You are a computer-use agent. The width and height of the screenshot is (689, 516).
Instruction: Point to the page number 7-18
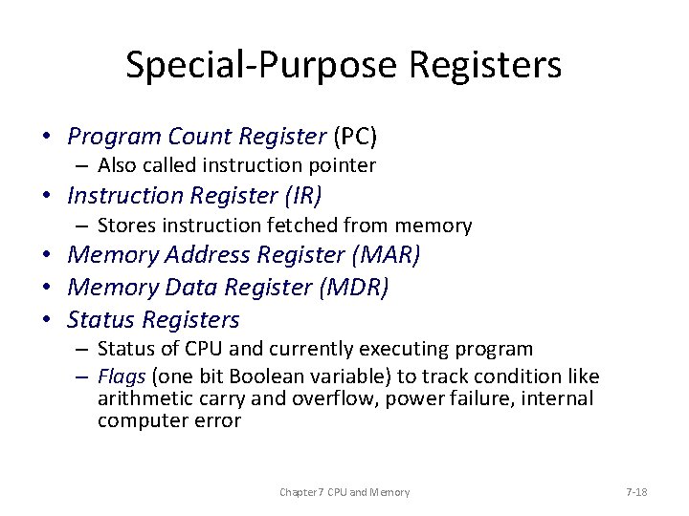636,492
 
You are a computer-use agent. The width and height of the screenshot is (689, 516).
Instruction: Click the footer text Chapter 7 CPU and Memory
344,492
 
